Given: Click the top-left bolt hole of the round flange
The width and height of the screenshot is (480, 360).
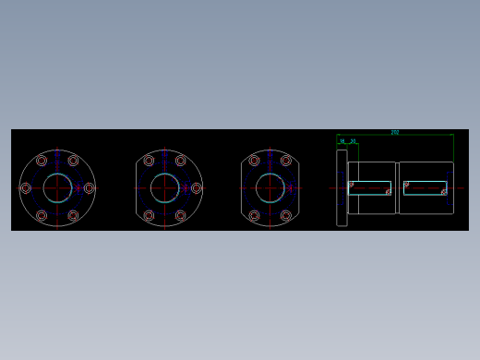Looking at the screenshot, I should (42, 161).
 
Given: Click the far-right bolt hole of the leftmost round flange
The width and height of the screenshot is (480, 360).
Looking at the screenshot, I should (90, 188).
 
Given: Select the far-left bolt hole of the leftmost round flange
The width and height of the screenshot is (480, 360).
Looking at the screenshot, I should (25, 188).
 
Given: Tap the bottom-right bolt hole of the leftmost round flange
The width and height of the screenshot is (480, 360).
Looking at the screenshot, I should (73, 216).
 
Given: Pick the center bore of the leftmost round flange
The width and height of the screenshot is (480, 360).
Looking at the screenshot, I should (57, 188).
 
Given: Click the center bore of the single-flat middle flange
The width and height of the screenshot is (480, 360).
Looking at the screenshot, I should (164, 188).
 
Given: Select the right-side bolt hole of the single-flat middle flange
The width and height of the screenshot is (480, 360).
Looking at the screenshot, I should (197, 188).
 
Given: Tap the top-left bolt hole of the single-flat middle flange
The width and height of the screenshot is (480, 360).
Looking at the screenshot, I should (149, 161).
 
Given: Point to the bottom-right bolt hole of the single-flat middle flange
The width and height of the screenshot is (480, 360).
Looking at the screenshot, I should (181, 216).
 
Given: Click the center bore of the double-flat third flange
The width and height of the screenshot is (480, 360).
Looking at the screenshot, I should (270, 188).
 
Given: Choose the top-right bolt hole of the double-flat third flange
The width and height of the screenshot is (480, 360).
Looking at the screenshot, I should (286, 161).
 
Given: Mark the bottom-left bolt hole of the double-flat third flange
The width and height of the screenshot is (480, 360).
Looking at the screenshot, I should (254, 216).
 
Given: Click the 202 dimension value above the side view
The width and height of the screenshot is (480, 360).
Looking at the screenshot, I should (395, 132).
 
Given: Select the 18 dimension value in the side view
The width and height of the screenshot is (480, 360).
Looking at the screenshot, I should (342, 141).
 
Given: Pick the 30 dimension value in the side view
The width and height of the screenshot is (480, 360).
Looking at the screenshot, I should (353, 141).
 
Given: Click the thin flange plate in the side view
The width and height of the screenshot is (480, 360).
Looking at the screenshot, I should (342, 188).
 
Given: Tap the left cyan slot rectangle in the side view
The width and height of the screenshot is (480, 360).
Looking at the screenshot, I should (369, 188).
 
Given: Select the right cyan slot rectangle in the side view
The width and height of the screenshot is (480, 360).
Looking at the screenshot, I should (425, 188).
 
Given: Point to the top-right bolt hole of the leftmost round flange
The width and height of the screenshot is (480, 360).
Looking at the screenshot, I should (73, 161).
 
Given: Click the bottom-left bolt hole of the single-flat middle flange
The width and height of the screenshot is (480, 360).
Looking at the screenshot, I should (149, 216).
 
